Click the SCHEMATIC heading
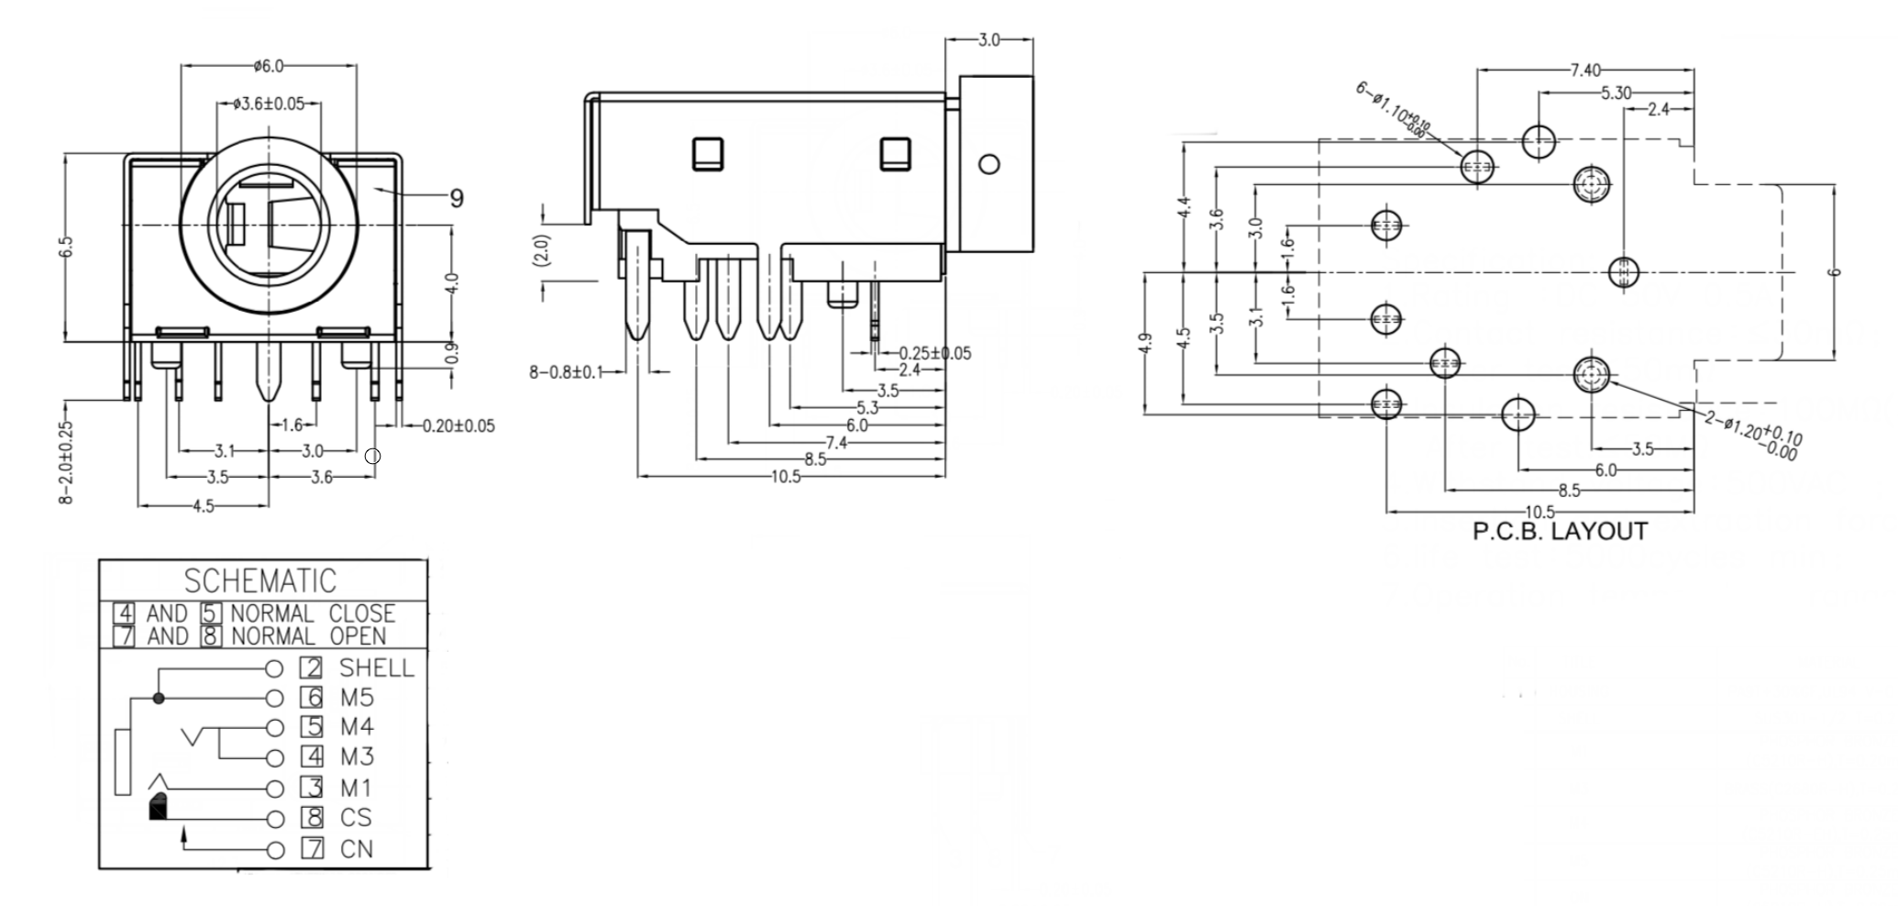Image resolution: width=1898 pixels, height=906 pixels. click(260, 581)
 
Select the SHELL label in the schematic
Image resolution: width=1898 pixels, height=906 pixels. click(377, 668)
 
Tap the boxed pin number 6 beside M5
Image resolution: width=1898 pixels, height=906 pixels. click(314, 698)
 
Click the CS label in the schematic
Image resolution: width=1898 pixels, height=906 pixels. click(356, 817)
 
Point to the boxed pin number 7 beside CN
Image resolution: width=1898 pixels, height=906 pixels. click(314, 849)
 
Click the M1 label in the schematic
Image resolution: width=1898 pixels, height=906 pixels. click(356, 788)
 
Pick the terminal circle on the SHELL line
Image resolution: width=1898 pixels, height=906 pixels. click(274, 668)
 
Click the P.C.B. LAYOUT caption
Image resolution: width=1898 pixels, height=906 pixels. click(1560, 532)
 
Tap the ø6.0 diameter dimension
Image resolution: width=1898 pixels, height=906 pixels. click(269, 66)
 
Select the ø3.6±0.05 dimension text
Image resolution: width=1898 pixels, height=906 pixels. click(269, 104)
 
